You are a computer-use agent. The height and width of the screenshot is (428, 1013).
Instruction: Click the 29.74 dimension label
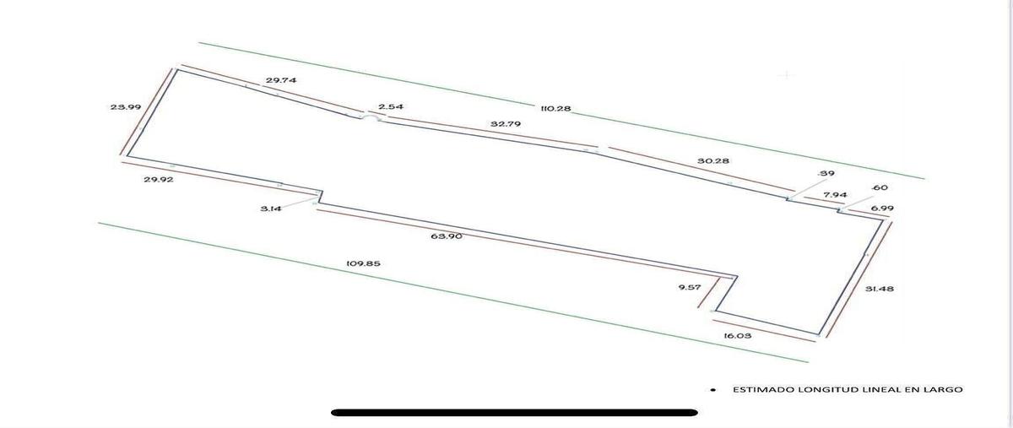click(281, 80)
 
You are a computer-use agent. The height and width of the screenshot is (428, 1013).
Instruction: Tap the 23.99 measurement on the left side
click(126, 107)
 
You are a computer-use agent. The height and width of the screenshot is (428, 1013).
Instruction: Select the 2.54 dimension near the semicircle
click(391, 106)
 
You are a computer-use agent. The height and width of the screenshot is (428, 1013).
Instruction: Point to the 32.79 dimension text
click(506, 123)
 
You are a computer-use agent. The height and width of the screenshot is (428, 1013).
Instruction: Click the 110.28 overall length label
click(555, 109)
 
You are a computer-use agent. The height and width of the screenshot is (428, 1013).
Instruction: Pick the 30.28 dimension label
click(713, 160)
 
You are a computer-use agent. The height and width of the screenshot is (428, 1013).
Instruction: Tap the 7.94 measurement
click(835, 195)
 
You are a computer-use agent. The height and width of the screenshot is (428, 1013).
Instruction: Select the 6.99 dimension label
click(882, 209)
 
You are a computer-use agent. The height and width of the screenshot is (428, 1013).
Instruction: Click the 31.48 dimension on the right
click(880, 289)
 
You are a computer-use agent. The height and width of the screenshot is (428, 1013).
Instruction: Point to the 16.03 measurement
click(738, 336)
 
